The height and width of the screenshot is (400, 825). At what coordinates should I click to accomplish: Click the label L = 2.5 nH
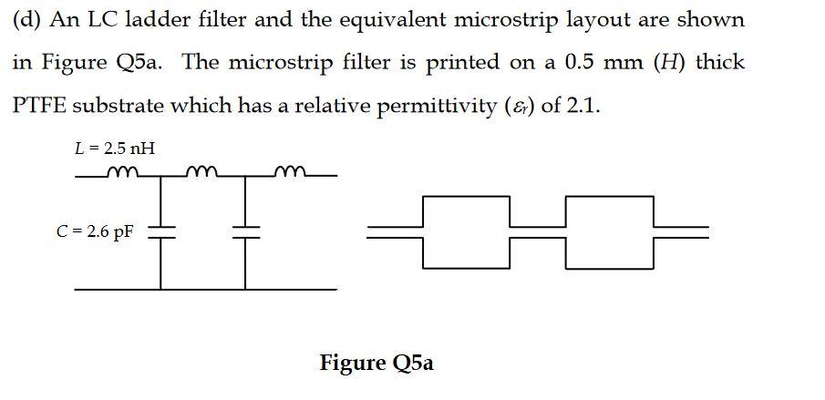pyautogui.click(x=108, y=148)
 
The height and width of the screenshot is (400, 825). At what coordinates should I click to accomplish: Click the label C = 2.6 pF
pyautogui.click(x=95, y=231)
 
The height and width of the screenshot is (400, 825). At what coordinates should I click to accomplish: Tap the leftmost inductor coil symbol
pyautogui.click(x=119, y=172)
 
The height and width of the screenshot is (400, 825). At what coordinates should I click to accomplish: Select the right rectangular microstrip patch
pyautogui.click(x=609, y=231)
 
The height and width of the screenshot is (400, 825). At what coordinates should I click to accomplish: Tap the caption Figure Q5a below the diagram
pyautogui.click(x=376, y=363)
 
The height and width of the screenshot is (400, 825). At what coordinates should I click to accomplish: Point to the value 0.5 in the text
pyautogui.click(x=583, y=62)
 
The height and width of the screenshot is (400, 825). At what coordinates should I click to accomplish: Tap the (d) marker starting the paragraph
pyautogui.click(x=25, y=19)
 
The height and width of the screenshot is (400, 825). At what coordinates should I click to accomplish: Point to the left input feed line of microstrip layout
pyautogui.click(x=395, y=231)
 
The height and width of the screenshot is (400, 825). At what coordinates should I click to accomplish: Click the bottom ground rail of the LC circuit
pyautogui.click(x=205, y=290)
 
